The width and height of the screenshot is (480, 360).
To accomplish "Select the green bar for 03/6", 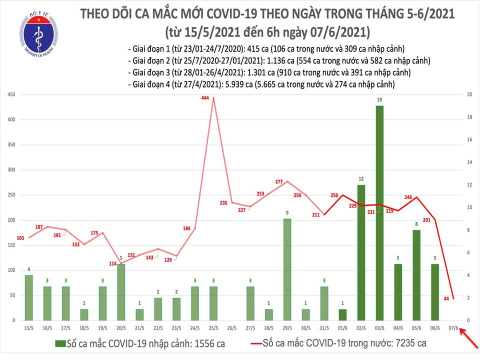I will click(x=380, y=213).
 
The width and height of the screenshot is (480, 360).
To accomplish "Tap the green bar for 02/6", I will click(x=361, y=252).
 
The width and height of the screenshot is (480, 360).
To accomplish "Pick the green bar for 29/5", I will click(x=287, y=269).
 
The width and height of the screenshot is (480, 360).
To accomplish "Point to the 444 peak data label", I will click(x=204, y=98).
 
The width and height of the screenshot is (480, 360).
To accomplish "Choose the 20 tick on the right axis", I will click(x=469, y=95).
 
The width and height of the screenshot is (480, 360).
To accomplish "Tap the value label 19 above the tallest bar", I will click(x=380, y=100).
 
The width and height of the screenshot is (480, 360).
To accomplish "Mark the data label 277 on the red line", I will click(x=279, y=181).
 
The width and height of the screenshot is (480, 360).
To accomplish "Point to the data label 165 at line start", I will click(x=20, y=238).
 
